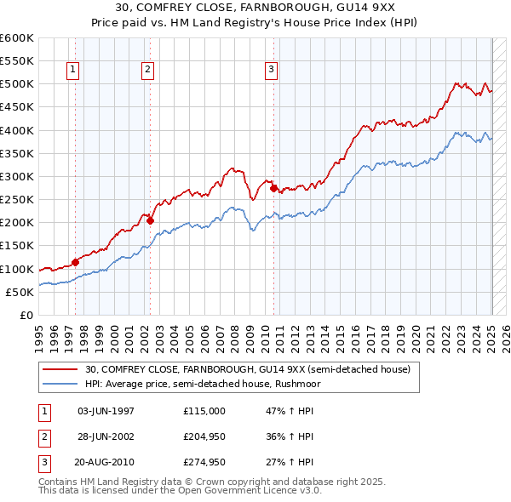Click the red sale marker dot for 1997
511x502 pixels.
pos(75,262)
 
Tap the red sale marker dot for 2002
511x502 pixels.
pos(150,220)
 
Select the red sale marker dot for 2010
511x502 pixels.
pos(273,188)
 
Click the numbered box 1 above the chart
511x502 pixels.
pos(72,70)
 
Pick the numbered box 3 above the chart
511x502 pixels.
pos(271,70)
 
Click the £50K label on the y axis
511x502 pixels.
pos(20,292)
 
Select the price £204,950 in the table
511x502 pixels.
pos(204,437)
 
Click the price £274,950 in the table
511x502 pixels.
pos(204,464)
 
